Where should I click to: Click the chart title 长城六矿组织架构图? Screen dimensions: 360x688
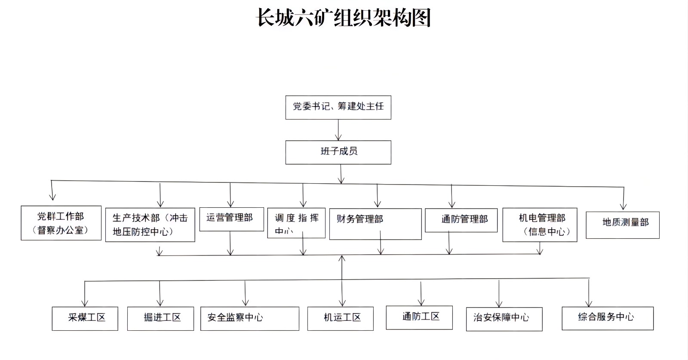[343, 18]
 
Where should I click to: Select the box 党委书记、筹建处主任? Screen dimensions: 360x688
[338, 107]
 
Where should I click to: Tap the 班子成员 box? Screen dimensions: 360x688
[338, 152]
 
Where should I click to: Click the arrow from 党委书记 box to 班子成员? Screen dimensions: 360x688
[338, 130]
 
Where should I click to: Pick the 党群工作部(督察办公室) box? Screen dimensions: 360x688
[61, 223]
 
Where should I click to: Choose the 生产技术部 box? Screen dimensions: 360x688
[150, 225]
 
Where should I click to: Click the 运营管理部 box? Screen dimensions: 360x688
[231, 219]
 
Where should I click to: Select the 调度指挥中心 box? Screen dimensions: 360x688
[296, 223]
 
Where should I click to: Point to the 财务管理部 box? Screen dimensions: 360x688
[375, 224]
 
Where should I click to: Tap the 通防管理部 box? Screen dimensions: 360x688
[461, 220]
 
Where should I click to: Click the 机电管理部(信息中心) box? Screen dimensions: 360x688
[540, 225]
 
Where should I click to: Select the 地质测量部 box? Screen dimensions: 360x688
[622, 225]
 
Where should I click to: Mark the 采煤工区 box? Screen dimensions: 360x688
[85, 318]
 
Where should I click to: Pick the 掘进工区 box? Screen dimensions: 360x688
[160, 318]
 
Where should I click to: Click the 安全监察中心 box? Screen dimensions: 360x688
[249, 318]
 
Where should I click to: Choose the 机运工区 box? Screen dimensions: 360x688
[340, 318]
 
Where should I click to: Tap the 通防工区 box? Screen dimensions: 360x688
[419, 317]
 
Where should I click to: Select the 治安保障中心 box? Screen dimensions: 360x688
[504, 319]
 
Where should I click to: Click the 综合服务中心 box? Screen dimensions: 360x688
[607, 318]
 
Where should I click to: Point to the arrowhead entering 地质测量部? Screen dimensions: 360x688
[623, 206]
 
